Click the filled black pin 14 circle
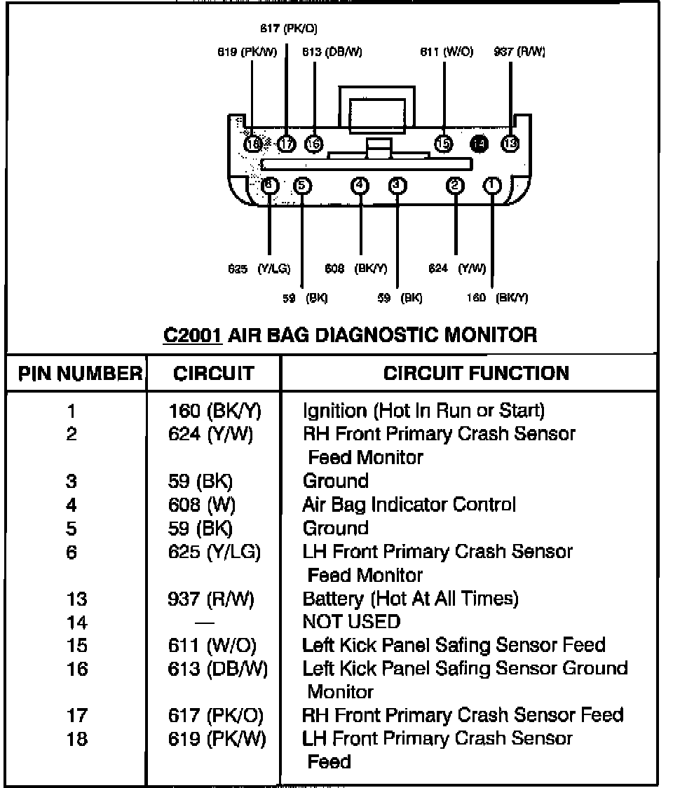pyautogui.click(x=479, y=144)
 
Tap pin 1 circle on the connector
pyautogui.click(x=493, y=185)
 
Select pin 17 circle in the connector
pyautogui.click(x=287, y=144)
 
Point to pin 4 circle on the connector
pyautogui.click(x=360, y=185)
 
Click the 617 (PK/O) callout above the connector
pyautogui.click(x=288, y=29)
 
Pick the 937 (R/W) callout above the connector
pyautogui.click(x=519, y=52)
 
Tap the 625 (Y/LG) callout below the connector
pyautogui.click(x=259, y=269)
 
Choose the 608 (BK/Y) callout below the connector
pyautogui.click(x=356, y=269)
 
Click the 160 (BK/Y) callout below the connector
pyautogui.click(x=497, y=297)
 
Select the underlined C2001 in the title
pyautogui.click(x=193, y=334)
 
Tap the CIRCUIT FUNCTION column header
pyautogui.click(x=476, y=373)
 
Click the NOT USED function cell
pyautogui.click(x=351, y=622)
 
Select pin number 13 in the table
pyautogui.click(x=77, y=599)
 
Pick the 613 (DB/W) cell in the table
pyautogui.click(x=218, y=669)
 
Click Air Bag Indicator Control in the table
pyautogui.click(x=409, y=505)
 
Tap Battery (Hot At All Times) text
pyautogui.click(x=410, y=599)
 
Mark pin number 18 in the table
pyautogui.click(x=77, y=739)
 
